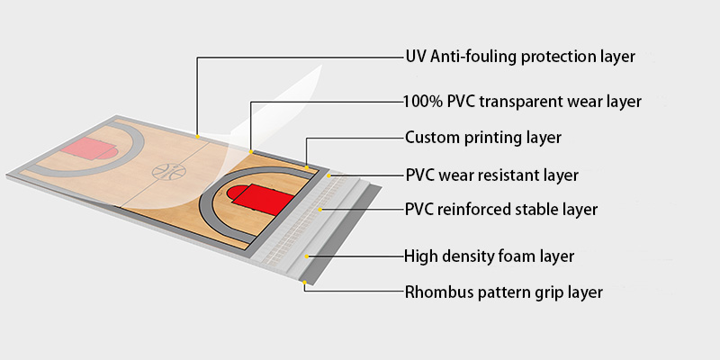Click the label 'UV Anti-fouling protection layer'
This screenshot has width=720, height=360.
520,57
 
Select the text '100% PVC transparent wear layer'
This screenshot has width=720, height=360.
522,102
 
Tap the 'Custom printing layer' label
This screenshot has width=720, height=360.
483,138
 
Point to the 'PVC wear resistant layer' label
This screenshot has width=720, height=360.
491,175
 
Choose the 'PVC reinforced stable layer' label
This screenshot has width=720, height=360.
501,210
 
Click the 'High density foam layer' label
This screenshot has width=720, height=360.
490,256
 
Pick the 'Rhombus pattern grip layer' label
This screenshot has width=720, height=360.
503,292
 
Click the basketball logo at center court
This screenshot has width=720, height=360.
168,170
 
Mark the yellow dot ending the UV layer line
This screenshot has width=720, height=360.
197,136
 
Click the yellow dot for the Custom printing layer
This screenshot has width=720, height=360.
307,166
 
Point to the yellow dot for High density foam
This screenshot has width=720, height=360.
308,256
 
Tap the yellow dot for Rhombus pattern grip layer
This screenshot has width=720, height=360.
304,283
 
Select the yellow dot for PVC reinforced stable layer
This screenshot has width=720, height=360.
321,210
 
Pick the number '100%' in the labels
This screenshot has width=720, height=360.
422,102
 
